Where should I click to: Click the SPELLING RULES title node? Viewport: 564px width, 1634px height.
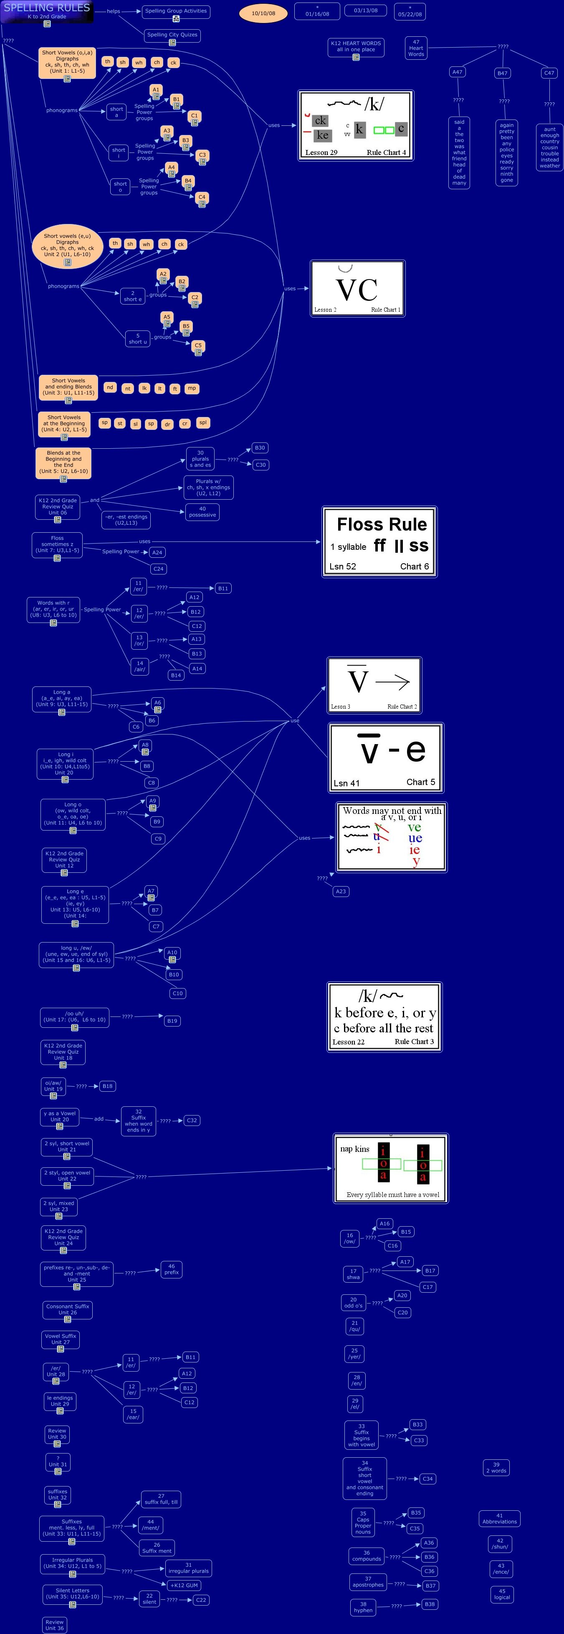tap(47, 11)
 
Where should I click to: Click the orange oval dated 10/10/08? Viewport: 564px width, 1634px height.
tap(263, 13)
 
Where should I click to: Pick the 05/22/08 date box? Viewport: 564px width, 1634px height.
tap(410, 11)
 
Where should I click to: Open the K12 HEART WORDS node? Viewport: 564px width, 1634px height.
tap(356, 47)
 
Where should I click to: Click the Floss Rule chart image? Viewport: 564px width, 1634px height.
tap(379, 542)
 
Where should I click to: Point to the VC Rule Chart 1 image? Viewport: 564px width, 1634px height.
tap(357, 289)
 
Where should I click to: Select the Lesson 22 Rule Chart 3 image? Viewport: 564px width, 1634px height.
tap(384, 1017)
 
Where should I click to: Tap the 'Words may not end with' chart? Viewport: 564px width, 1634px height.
tap(392, 837)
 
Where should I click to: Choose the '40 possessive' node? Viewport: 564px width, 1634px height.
tap(203, 512)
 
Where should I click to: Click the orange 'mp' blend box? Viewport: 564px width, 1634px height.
tap(191, 388)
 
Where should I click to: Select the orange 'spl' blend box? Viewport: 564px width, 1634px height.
tap(203, 422)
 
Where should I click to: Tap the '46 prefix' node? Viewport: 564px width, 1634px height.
tap(171, 1269)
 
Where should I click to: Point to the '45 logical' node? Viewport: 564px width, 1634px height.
tap(502, 1594)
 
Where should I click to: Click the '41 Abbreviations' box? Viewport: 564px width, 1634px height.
tap(499, 1519)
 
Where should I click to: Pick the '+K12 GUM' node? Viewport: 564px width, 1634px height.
tap(185, 1585)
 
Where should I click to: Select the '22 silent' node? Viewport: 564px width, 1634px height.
tap(149, 1598)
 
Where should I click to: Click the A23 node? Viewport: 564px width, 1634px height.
tap(341, 891)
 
